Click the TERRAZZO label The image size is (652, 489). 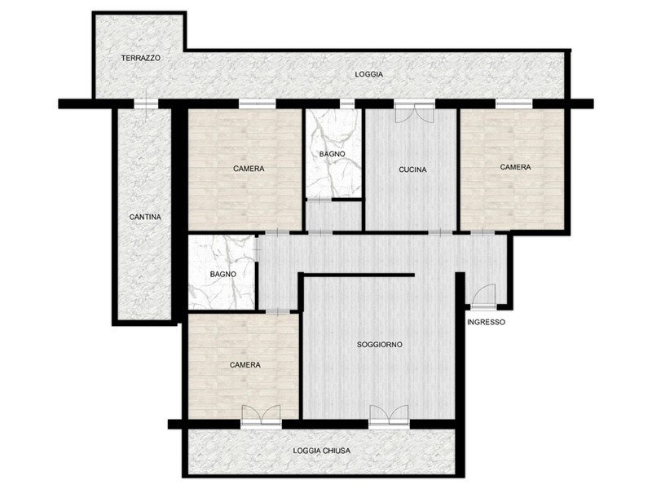coord(140,58)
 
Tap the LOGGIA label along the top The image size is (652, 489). coord(369,74)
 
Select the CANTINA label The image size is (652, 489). coord(145,217)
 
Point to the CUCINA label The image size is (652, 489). coord(412,170)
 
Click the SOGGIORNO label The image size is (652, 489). coord(380,345)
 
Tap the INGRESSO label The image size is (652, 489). coord(486,322)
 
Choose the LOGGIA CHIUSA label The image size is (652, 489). coord(321,451)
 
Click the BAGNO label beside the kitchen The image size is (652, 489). coord(333,154)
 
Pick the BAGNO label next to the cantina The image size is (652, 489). coord(222,275)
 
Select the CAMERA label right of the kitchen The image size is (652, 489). coord(515,167)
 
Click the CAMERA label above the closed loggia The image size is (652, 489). coord(245,365)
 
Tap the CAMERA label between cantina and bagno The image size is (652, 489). coord(249,169)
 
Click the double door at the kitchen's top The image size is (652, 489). coord(414,112)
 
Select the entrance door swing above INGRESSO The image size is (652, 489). coord(483,297)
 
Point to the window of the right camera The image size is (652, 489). coord(514,104)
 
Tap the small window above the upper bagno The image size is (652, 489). coord(347,104)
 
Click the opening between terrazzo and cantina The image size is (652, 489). coord(146,104)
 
